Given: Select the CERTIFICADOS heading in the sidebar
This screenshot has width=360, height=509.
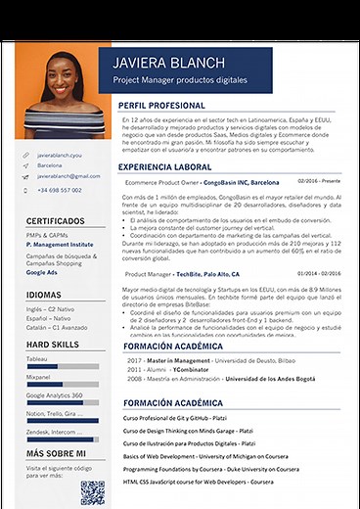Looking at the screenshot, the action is (56, 221).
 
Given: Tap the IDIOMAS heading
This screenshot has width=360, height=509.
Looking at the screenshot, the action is (44, 295).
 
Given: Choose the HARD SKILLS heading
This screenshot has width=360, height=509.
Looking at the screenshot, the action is (54, 346).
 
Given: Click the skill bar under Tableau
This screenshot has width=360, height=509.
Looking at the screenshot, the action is (62, 366).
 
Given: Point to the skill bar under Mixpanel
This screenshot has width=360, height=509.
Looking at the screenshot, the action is (62, 385).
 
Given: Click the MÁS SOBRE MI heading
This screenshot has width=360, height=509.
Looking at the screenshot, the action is (57, 454).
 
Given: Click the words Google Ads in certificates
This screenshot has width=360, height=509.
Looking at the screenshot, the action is (43, 273).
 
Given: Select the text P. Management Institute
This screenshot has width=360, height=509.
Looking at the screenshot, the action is (59, 244).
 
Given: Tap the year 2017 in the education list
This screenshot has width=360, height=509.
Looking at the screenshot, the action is (134, 360).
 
